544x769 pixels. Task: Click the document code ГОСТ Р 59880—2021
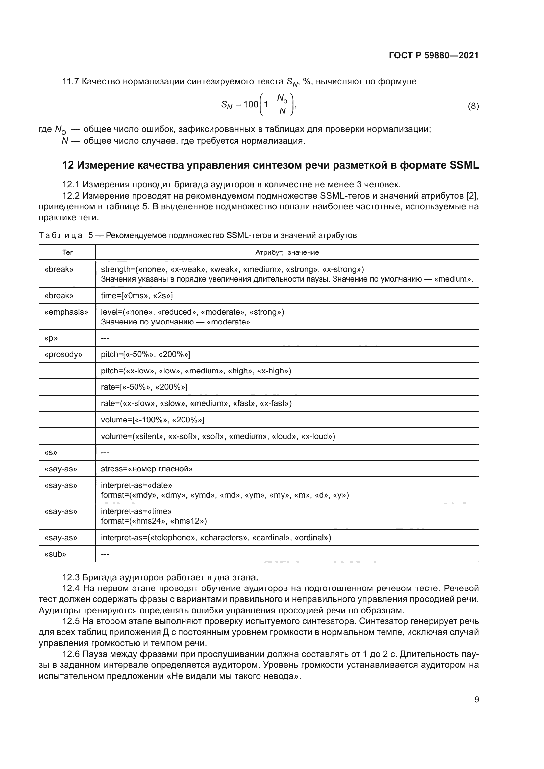coord(433,55)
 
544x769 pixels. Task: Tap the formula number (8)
coord(473,106)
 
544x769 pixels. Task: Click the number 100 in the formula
coord(251,104)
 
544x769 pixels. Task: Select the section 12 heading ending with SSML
coord(271,165)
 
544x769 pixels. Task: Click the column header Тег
coord(67,252)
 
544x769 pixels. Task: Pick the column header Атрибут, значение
coord(287,252)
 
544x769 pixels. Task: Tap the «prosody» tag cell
coord(63,354)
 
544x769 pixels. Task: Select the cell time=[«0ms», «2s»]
coord(137,296)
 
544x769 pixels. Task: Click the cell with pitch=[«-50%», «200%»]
coord(146,354)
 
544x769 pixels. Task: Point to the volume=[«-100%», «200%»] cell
coord(152,420)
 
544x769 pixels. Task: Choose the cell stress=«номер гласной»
coord(147,469)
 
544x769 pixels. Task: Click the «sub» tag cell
coord(55,554)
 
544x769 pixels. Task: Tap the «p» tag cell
coord(51,338)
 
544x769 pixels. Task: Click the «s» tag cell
coord(51,452)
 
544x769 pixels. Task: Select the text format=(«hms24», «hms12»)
coord(154,521)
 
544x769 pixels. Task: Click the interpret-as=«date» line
coord(136,485)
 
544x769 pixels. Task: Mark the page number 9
coord(476,699)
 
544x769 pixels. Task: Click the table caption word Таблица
coord(61,235)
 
